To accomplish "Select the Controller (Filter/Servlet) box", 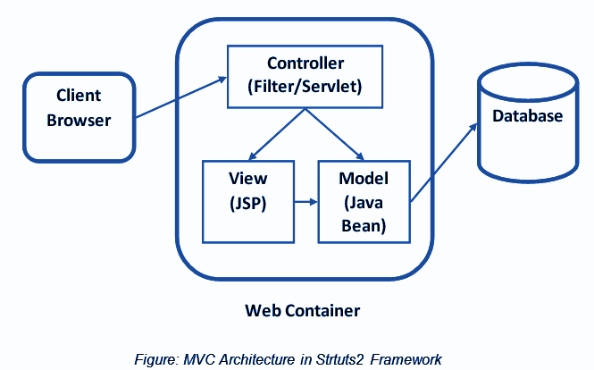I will (305, 76).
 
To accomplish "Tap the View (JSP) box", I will (247, 201).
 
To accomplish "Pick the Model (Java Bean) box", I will (363, 201).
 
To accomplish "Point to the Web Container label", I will (303, 311).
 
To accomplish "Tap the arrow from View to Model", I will (305, 202).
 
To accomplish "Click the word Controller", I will (305, 64).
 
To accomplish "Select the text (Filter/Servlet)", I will (305, 88).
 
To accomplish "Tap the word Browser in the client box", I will (79, 119).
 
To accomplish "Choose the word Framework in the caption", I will (406, 359).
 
